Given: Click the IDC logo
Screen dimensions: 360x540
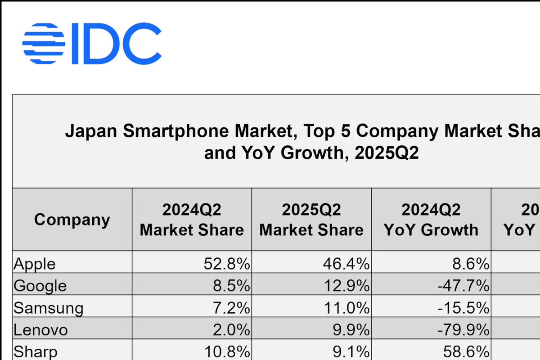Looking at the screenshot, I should (x=92, y=44).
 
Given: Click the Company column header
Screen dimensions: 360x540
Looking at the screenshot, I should (x=72, y=220).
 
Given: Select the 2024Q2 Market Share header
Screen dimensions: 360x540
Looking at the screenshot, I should (x=192, y=220).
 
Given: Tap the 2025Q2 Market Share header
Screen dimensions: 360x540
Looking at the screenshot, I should (x=311, y=220).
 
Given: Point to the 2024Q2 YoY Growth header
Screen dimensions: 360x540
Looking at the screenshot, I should (x=431, y=220).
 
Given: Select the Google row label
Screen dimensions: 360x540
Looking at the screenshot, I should (x=40, y=285).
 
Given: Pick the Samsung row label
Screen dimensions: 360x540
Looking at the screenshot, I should (x=49, y=308).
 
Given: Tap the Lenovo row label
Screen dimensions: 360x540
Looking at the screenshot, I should (x=41, y=330).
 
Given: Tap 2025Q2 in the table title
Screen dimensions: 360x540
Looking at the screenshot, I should (x=387, y=153).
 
